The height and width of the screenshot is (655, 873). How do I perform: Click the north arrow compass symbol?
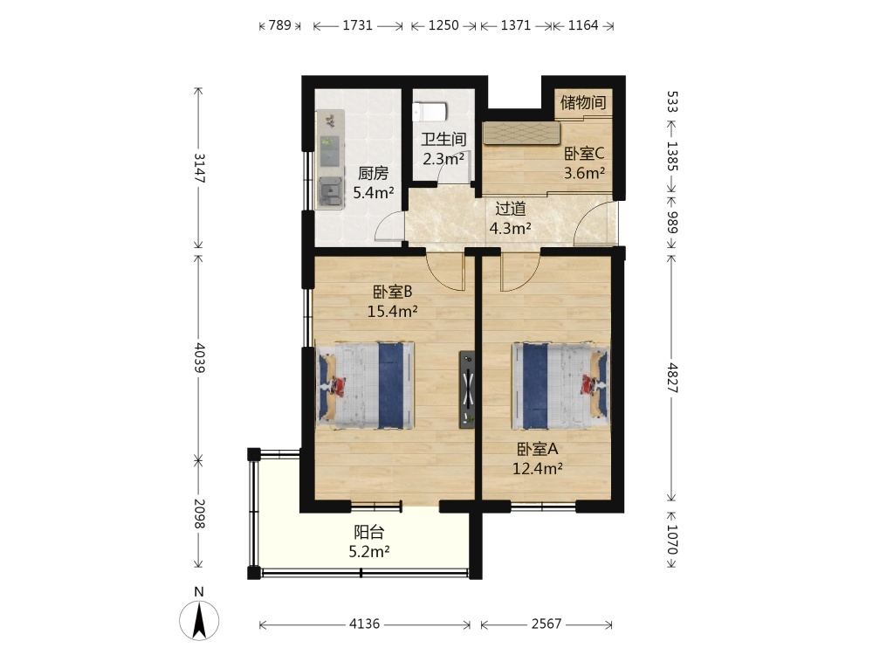[199, 619]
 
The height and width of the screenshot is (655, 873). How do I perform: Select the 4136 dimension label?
[365, 624]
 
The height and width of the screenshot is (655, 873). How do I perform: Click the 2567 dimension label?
[546, 624]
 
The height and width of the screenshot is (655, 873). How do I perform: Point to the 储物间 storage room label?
[583, 102]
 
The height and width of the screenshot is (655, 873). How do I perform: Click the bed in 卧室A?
[560, 385]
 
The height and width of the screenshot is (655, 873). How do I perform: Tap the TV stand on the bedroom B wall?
[467, 390]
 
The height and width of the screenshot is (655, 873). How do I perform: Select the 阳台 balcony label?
[369, 532]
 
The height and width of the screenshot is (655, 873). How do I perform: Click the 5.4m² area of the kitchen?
[374, 193]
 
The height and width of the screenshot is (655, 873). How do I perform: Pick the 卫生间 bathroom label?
[443, 139]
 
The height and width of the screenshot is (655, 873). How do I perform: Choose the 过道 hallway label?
[511, 209]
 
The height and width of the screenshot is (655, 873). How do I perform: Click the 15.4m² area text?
[393, 312]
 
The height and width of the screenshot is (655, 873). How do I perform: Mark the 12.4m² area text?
[537, 469]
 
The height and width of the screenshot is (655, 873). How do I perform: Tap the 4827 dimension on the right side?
[672, 379]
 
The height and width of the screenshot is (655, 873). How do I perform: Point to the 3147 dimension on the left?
[199, 168]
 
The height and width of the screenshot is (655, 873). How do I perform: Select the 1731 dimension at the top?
[357, 25]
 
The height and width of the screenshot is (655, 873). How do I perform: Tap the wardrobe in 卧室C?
[521, 133]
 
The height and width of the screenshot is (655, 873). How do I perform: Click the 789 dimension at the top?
[279, 25]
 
